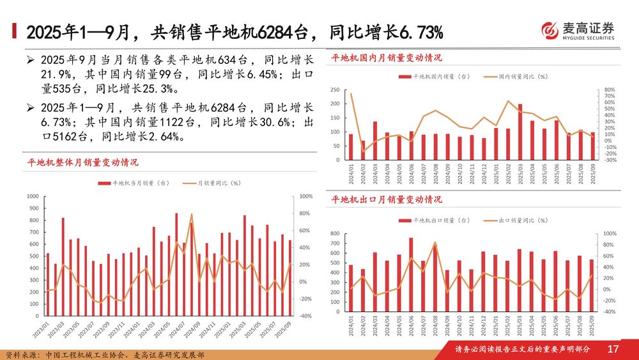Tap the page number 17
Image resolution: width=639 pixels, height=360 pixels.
(613, 349)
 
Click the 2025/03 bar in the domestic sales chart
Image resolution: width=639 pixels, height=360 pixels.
(520, 132)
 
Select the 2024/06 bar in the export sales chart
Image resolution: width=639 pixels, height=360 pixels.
(411, 275)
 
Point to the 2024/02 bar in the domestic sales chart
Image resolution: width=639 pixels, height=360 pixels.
(363, 150)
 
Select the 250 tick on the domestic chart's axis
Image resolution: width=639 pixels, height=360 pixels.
(335, 90)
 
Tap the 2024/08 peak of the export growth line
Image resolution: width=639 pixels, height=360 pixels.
(435, 243)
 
